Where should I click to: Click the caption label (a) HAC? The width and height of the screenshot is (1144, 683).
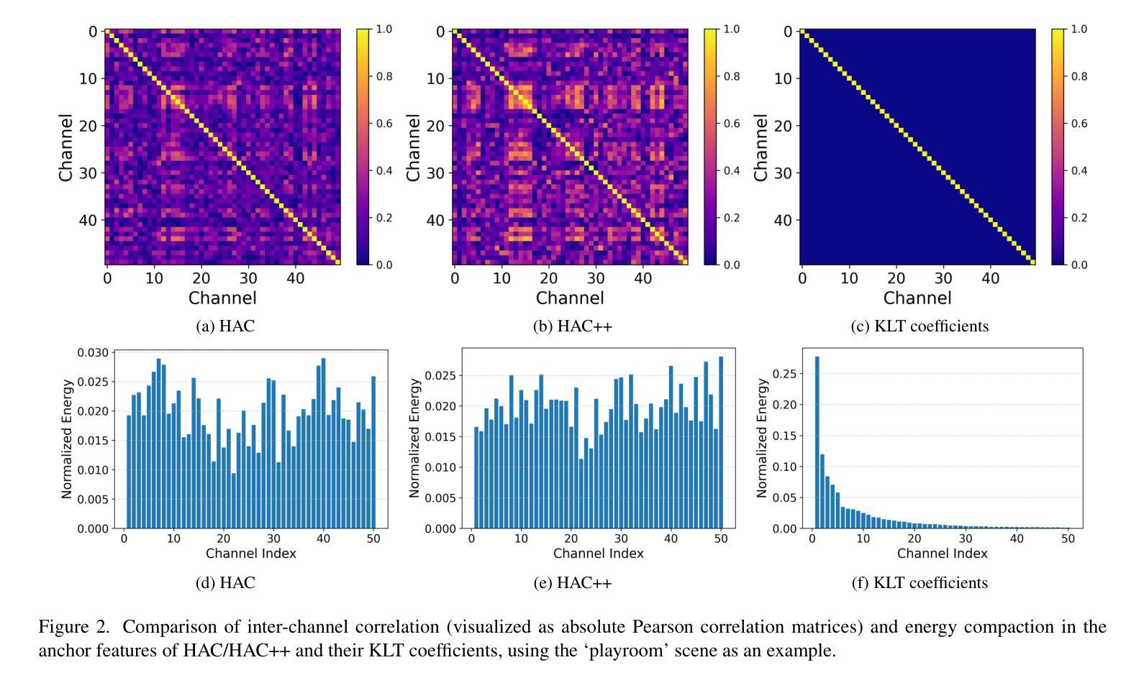pos(225,326)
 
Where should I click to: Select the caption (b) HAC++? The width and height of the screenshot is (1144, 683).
pos(572,326)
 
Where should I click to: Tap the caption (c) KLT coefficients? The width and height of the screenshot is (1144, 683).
pos(920,326)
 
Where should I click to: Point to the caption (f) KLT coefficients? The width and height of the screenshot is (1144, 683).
pos(920,582)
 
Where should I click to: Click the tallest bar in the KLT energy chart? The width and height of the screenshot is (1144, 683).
pos(817,442)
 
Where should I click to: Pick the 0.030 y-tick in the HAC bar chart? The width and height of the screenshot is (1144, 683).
pos(94,352)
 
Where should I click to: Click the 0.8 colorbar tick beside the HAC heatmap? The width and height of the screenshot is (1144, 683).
pos(385,76)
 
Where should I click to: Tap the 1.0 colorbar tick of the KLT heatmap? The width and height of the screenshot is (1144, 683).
pos(1079,29)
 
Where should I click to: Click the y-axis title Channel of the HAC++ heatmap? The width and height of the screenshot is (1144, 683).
pos(413,147)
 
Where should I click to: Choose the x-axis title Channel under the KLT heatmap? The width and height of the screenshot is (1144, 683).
pos(917,298)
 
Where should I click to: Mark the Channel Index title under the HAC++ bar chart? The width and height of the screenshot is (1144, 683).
pos(599,554)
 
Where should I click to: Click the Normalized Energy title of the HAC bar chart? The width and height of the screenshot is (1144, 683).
pos(67,439)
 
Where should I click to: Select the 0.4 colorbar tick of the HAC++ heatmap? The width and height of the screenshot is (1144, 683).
pos(732,170)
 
